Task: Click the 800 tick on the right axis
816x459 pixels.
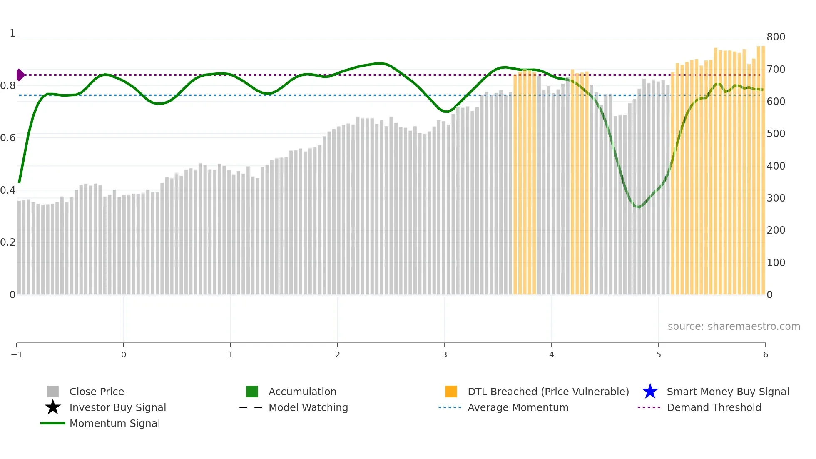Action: pos(776,37)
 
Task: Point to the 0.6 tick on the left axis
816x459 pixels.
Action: pos(8,138)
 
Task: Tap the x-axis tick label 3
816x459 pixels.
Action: pos(444,354)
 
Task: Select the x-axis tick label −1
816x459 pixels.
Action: pos(17,354)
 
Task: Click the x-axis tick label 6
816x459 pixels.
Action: pos(765,354)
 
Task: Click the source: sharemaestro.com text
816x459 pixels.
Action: pos(734,326)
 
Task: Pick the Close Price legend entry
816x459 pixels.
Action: pos(97,392)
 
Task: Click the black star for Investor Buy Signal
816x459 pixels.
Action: pos(53,407)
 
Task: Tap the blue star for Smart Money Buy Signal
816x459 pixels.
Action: pos(650,392)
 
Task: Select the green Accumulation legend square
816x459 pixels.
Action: pos(252,392)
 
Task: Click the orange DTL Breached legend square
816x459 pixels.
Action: pos(451,392)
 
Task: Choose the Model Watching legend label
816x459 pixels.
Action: pos(308,407)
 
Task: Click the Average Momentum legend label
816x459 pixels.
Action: pos(518,407)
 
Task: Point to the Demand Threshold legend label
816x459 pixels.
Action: pos(714,407)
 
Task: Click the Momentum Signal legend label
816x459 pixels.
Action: pos(114,423)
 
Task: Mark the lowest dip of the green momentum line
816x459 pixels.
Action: pos(638,207)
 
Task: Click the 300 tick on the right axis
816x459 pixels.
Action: pos(776,198)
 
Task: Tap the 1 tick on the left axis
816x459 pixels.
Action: pos(12,33)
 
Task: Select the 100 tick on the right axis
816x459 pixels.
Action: pos(776,263)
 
